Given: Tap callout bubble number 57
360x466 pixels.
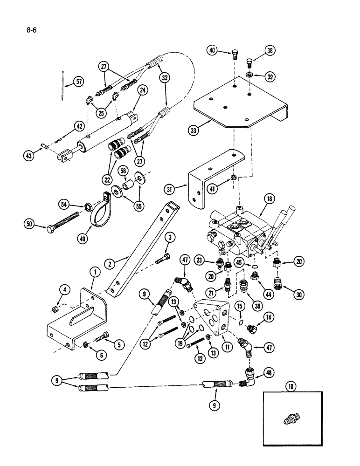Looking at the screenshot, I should [80, 82].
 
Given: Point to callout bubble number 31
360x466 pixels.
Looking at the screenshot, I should [169, 189].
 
